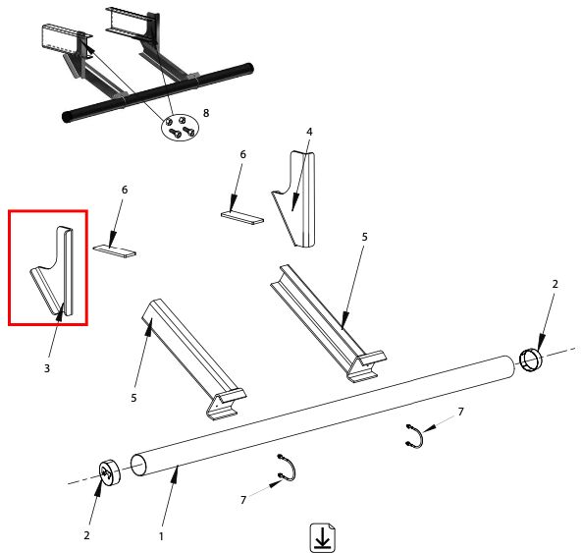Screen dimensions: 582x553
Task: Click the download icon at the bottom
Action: point(322,537)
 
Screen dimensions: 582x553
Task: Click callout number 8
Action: point(206,113)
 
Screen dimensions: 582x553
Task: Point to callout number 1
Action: point(161,536)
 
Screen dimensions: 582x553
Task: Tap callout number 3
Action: point(47,368)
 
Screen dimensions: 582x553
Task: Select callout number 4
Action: point(309,132)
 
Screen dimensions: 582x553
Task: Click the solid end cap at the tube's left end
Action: point(110,472)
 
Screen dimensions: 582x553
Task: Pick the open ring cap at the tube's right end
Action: point(530,359)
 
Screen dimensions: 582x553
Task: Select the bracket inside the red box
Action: point(53,271)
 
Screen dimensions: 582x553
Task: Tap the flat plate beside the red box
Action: point(114,250)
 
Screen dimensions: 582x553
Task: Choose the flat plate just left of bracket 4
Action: point(242,217)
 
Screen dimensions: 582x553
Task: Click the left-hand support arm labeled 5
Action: point(193,359)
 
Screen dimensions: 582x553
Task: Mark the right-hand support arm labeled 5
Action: point(328,323)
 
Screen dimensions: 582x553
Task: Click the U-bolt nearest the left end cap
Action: point(288,468)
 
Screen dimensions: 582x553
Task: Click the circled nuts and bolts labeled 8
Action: point(180,128)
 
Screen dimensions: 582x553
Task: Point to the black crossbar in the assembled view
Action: point(158,93)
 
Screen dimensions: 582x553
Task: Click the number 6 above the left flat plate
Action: point(125,190)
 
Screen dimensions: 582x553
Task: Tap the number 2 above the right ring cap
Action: point(555,284)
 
